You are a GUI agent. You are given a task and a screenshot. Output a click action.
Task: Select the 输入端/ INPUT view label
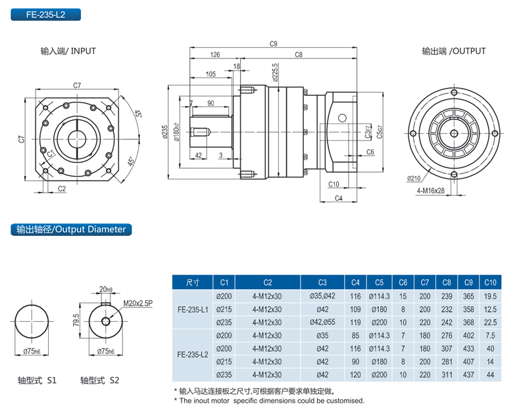point(68,51)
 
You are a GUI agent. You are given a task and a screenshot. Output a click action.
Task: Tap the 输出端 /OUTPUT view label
point(454,51)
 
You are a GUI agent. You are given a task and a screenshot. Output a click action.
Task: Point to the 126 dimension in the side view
point(215,55)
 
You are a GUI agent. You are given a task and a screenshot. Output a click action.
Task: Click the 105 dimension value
point(210,74)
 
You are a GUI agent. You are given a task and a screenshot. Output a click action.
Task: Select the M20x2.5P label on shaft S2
point(137,303)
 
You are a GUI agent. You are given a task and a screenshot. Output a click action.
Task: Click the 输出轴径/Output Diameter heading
point(70,230)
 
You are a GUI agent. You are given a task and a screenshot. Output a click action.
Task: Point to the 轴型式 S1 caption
point(37,380)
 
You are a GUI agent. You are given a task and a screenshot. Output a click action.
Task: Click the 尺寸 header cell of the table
point(193,283)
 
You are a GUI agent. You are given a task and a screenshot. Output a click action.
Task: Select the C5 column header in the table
point(380,283)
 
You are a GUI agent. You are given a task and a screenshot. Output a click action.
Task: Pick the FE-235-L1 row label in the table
point(193,309)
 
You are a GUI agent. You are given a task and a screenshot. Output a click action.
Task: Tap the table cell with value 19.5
point(490,296)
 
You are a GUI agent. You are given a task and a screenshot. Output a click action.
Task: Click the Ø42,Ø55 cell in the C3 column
point(322,322)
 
